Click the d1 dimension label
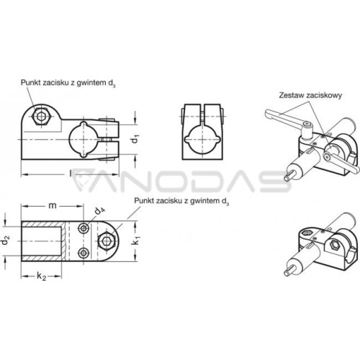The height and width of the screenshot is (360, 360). pyautogui.click(x=136, y=139)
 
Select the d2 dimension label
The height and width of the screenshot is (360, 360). pyautogui.click(x=6, y=240)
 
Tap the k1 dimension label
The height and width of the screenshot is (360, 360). pyautogui.click(x=136, y=240)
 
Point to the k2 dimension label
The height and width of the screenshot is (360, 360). pyautogui.click(x=41, y=276)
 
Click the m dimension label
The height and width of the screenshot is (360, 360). pyautogui.click(x=53, y=205)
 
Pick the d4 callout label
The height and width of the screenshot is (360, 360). pyautogui.click(x=99, y=210)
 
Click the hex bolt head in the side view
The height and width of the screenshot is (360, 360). pyautogui.click(x=42, y=117)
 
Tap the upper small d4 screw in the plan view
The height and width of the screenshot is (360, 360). pyautogui.click(x=84, y=228)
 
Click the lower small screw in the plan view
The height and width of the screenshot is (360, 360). pyautogui.click(x=84, y=253)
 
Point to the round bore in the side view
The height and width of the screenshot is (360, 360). pyautogui.click(x=84, y=140)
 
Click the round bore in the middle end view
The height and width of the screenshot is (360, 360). pyautogui.click(x=202, y=140)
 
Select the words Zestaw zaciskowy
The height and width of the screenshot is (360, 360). pyautogui.click(x=310, y=95)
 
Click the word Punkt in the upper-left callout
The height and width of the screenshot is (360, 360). pyautogui.click(x=31, y=83)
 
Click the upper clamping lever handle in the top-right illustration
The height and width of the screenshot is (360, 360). pyautogui.click(x=286, y=116)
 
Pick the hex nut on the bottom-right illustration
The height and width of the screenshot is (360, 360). pyautogui.click(x=334, y=245)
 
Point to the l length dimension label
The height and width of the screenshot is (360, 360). pyautogui.click(x=71, y=174)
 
